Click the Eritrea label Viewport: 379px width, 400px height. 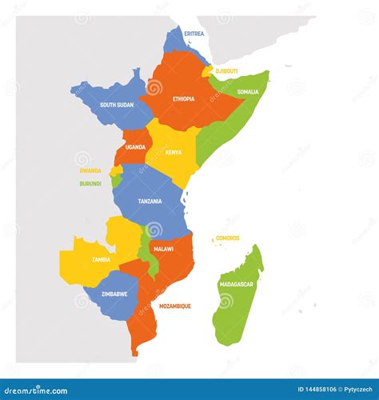point(193,34)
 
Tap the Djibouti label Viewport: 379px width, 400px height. point(226,71)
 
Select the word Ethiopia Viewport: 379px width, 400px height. point(183,99)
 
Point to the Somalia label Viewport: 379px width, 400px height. point(247,92)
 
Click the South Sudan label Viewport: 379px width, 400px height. point(116,105)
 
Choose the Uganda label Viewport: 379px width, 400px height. point(135,147)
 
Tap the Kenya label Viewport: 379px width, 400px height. point(174,152)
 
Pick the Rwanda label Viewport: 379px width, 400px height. point(90,171)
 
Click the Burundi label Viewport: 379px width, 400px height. point(90,183)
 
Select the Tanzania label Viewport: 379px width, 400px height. point(150,202)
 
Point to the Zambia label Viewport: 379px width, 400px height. point(101,259)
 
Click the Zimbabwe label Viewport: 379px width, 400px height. point(114,294)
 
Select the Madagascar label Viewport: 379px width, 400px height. point(237,284)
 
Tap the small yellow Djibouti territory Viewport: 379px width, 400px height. point(209,71)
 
